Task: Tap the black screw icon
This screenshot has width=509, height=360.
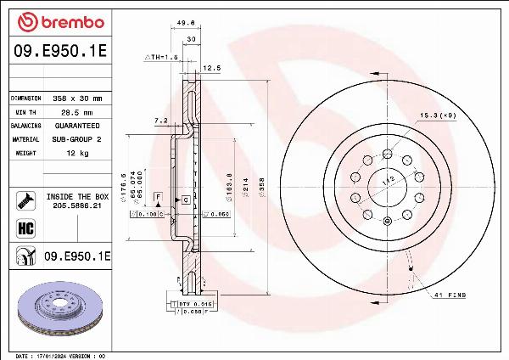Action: [x=25, y=200]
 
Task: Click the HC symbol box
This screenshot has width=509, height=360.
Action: [x=25, y=227]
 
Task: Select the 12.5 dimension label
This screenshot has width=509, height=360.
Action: [x=211, y=66]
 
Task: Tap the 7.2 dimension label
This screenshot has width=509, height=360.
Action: [x=159, y=121]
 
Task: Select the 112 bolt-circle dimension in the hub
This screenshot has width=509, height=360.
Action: [x=386, y=181]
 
